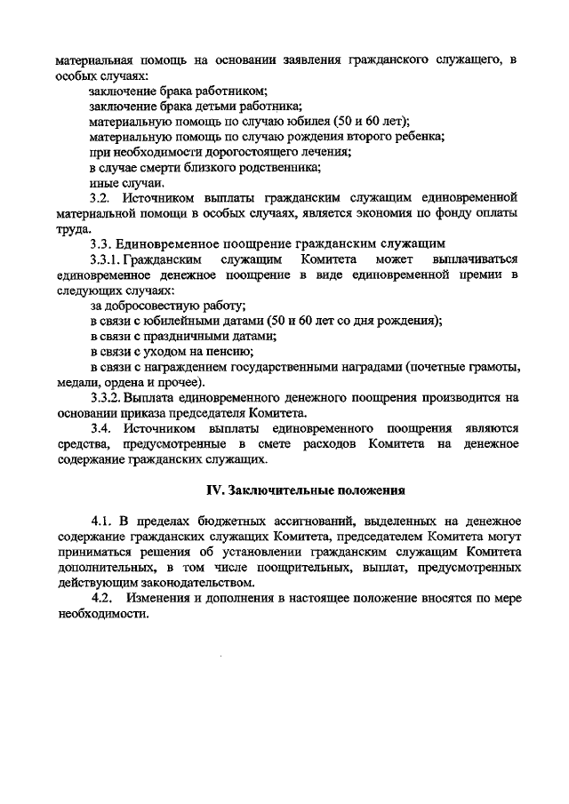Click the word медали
point(74,381)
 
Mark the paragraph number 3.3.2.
point(108,397)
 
